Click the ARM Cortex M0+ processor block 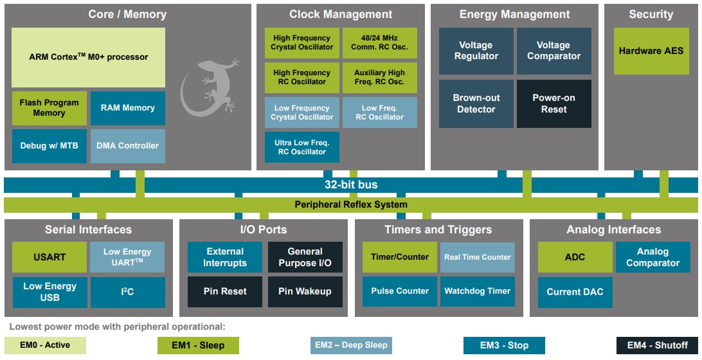(88, 57)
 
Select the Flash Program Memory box (49, 108)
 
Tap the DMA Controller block (127, 146)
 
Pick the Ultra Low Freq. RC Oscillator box (301, 147)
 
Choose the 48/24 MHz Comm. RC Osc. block (379, 43)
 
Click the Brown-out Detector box (476, 104)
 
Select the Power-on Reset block (553, 104)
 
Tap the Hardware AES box (651, 51)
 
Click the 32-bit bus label (350, 184)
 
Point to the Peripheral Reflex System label (350, 205)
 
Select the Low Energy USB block (49, 292)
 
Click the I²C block (127, 292)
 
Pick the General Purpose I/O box (305, 257)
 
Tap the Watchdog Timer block (477, 291)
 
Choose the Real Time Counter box (477, 257)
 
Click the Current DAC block (575, 292)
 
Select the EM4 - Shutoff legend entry (658, 345)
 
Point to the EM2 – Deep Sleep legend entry (351, 345)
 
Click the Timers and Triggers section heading (438, 230)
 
